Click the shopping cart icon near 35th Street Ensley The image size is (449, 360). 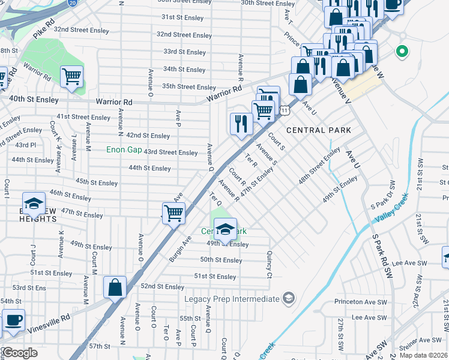click(x=71, y=77)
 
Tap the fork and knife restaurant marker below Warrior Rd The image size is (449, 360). click(x=241, y=124)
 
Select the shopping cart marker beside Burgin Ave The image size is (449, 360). click(x=173, y=212)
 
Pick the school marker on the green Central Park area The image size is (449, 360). click(x=225, y=229)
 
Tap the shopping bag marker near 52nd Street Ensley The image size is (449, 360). click(x=115, y=287)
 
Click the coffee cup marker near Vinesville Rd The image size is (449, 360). click(x=13, y=320)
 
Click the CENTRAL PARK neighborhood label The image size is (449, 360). click(x=318, y=130)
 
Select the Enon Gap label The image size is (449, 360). click(x=124, y=149)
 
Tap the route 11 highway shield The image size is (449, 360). click(x=285, y=110)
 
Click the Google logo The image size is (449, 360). click(x=19, y=353)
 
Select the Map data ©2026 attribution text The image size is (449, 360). click(x=423, y=355)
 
